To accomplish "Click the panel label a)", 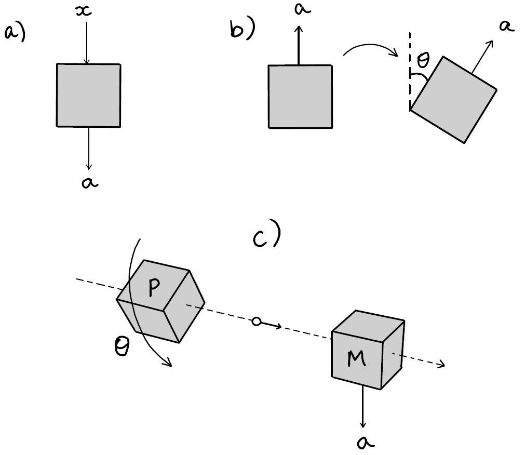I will pos(15,33).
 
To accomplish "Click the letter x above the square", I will pos(83,10).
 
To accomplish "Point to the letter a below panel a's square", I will pos(90,182).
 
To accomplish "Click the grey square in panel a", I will pos(88,95).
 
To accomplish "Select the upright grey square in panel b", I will pos(300,96).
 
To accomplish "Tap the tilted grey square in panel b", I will pos(454,99).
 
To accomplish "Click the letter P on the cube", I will pos(153,287).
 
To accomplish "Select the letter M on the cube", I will pos(356,359).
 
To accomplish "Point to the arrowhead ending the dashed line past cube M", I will pos(442,365).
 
